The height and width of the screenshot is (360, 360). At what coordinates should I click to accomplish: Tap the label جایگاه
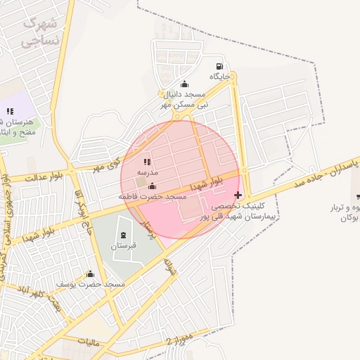[219, 76]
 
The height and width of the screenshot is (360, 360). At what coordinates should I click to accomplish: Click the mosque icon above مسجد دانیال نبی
[184, 84]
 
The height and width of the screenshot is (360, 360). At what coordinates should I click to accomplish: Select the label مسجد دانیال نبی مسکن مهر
[184, 98]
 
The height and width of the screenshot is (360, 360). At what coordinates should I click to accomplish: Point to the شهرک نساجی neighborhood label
[39, 32]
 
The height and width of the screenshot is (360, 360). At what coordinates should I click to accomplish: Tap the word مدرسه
[147, 172]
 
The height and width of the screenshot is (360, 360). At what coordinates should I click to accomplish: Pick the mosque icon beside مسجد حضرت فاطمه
[153, 186]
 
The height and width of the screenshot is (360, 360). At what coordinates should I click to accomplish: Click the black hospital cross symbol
[238, 195]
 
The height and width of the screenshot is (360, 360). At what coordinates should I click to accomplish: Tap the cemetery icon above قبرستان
[124, 235]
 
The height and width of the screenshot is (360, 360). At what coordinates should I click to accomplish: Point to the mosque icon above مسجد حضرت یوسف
[89, 274]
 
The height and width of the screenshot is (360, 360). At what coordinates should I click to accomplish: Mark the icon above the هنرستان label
[10, 111]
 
